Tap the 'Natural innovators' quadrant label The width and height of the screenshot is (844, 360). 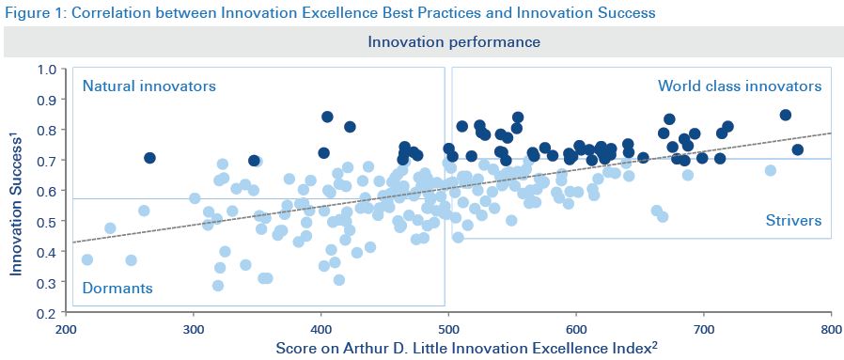(149, 86)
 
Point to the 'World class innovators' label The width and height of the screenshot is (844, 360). (739, 86)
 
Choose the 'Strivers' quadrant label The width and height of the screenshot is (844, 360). (792, 221)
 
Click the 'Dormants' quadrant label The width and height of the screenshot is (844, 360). (117, 288)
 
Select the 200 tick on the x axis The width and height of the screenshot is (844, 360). (66, 331)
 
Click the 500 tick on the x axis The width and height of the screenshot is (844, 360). (448, 331)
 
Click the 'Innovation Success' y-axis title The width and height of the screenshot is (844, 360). (17, 192)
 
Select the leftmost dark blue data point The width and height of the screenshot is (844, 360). (149, 158)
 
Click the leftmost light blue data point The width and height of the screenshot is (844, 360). (87, 259)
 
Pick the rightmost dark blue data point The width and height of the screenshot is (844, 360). (797, 149)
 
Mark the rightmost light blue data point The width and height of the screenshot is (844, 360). (771, 170)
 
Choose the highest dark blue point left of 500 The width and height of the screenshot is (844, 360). (327, 117)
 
